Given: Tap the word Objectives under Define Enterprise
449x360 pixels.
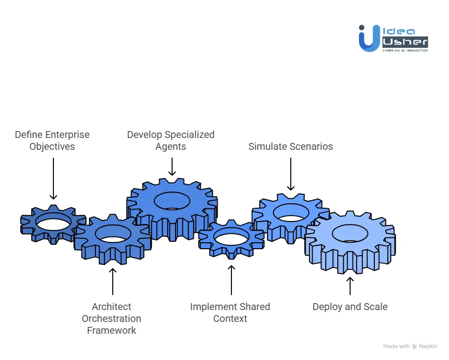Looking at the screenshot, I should click(52, 146).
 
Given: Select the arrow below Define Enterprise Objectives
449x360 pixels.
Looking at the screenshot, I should click(53, 179).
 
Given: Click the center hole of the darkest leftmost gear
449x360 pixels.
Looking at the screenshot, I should click(52, 224).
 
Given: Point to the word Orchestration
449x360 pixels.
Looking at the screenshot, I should click(111, 318).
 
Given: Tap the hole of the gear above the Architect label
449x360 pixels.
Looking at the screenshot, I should click(112, 233).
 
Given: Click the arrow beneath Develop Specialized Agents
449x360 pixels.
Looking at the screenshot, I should click(172, 167).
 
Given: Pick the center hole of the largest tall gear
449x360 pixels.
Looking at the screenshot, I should click(172, 201).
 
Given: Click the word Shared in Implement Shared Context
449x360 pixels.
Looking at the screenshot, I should click(247, 307).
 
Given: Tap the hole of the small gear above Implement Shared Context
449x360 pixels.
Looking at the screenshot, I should click(231, 236).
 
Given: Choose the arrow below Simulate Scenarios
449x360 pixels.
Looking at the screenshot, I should click(291, 174).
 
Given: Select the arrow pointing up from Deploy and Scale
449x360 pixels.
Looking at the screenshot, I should click(350, 286).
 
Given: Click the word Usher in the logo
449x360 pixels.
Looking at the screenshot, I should click(404, 42).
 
